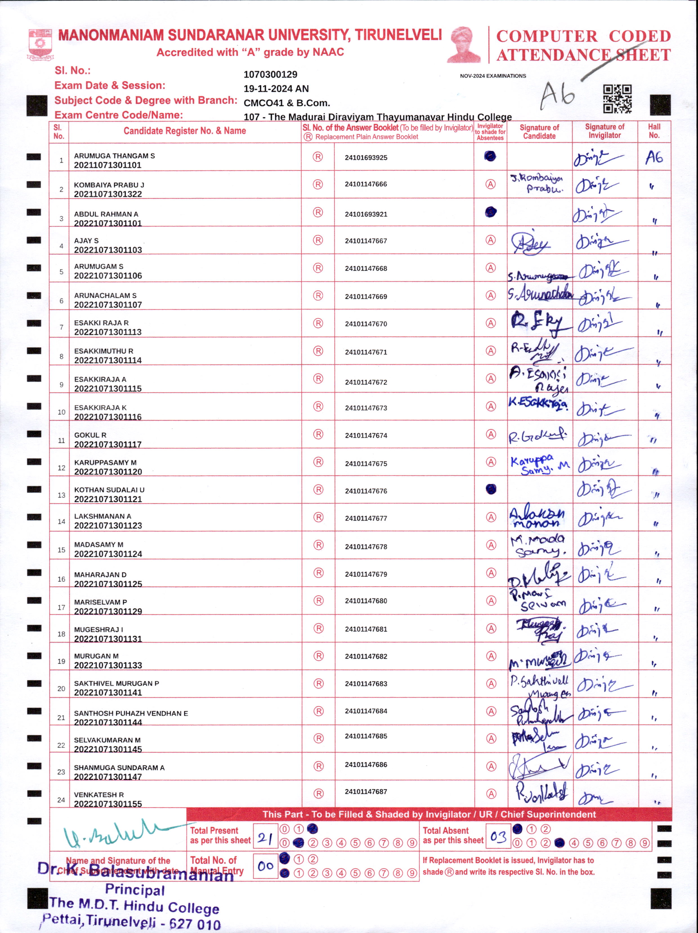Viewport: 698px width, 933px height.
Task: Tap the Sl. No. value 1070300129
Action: point(270,75)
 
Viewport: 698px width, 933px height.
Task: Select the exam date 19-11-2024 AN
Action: point(276,88)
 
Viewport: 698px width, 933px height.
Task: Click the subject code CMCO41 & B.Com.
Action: point(287,103)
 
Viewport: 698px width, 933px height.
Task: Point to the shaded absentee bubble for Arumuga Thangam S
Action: point(490,156)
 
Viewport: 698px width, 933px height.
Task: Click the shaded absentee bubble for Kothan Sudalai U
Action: point(491,489)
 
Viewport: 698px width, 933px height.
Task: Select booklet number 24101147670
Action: point(366,324)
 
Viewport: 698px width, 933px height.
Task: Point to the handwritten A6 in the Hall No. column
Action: point(654,158)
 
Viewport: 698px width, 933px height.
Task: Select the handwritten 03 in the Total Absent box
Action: point(498,836)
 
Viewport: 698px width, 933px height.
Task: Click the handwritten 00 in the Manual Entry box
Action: point(265,866)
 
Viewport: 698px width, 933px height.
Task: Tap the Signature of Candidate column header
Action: point(539,132)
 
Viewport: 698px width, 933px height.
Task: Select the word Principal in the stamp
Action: point(135,890)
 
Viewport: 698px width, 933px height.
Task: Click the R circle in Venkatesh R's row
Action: point(319,793)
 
